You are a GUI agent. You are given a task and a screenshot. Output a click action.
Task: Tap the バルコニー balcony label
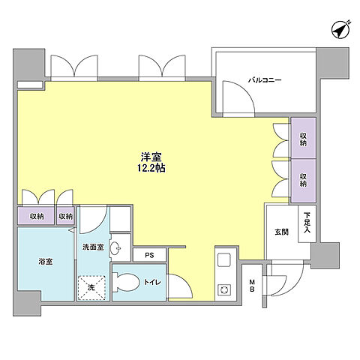coord(266,79)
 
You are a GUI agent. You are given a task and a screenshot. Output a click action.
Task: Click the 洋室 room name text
coord(152,157)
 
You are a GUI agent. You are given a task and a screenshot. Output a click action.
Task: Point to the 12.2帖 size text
coord(152,169)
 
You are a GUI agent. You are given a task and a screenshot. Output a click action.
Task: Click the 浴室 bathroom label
coord(46,262)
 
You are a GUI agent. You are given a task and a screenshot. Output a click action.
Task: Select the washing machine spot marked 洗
coord(91,286)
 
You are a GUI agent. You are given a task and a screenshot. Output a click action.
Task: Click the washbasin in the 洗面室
coord(115,249)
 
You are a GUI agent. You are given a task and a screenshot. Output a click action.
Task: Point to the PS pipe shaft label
coord(149,255)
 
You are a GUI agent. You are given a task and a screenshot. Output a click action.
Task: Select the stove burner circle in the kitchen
coord(223,289)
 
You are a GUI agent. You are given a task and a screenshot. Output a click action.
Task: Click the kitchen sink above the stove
coord(223,262)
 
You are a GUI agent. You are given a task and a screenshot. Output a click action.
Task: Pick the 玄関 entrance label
coord(281,232)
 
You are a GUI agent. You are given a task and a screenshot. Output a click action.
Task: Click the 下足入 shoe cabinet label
coord(307,223)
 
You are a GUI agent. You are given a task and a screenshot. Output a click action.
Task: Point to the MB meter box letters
coord(252,286)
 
